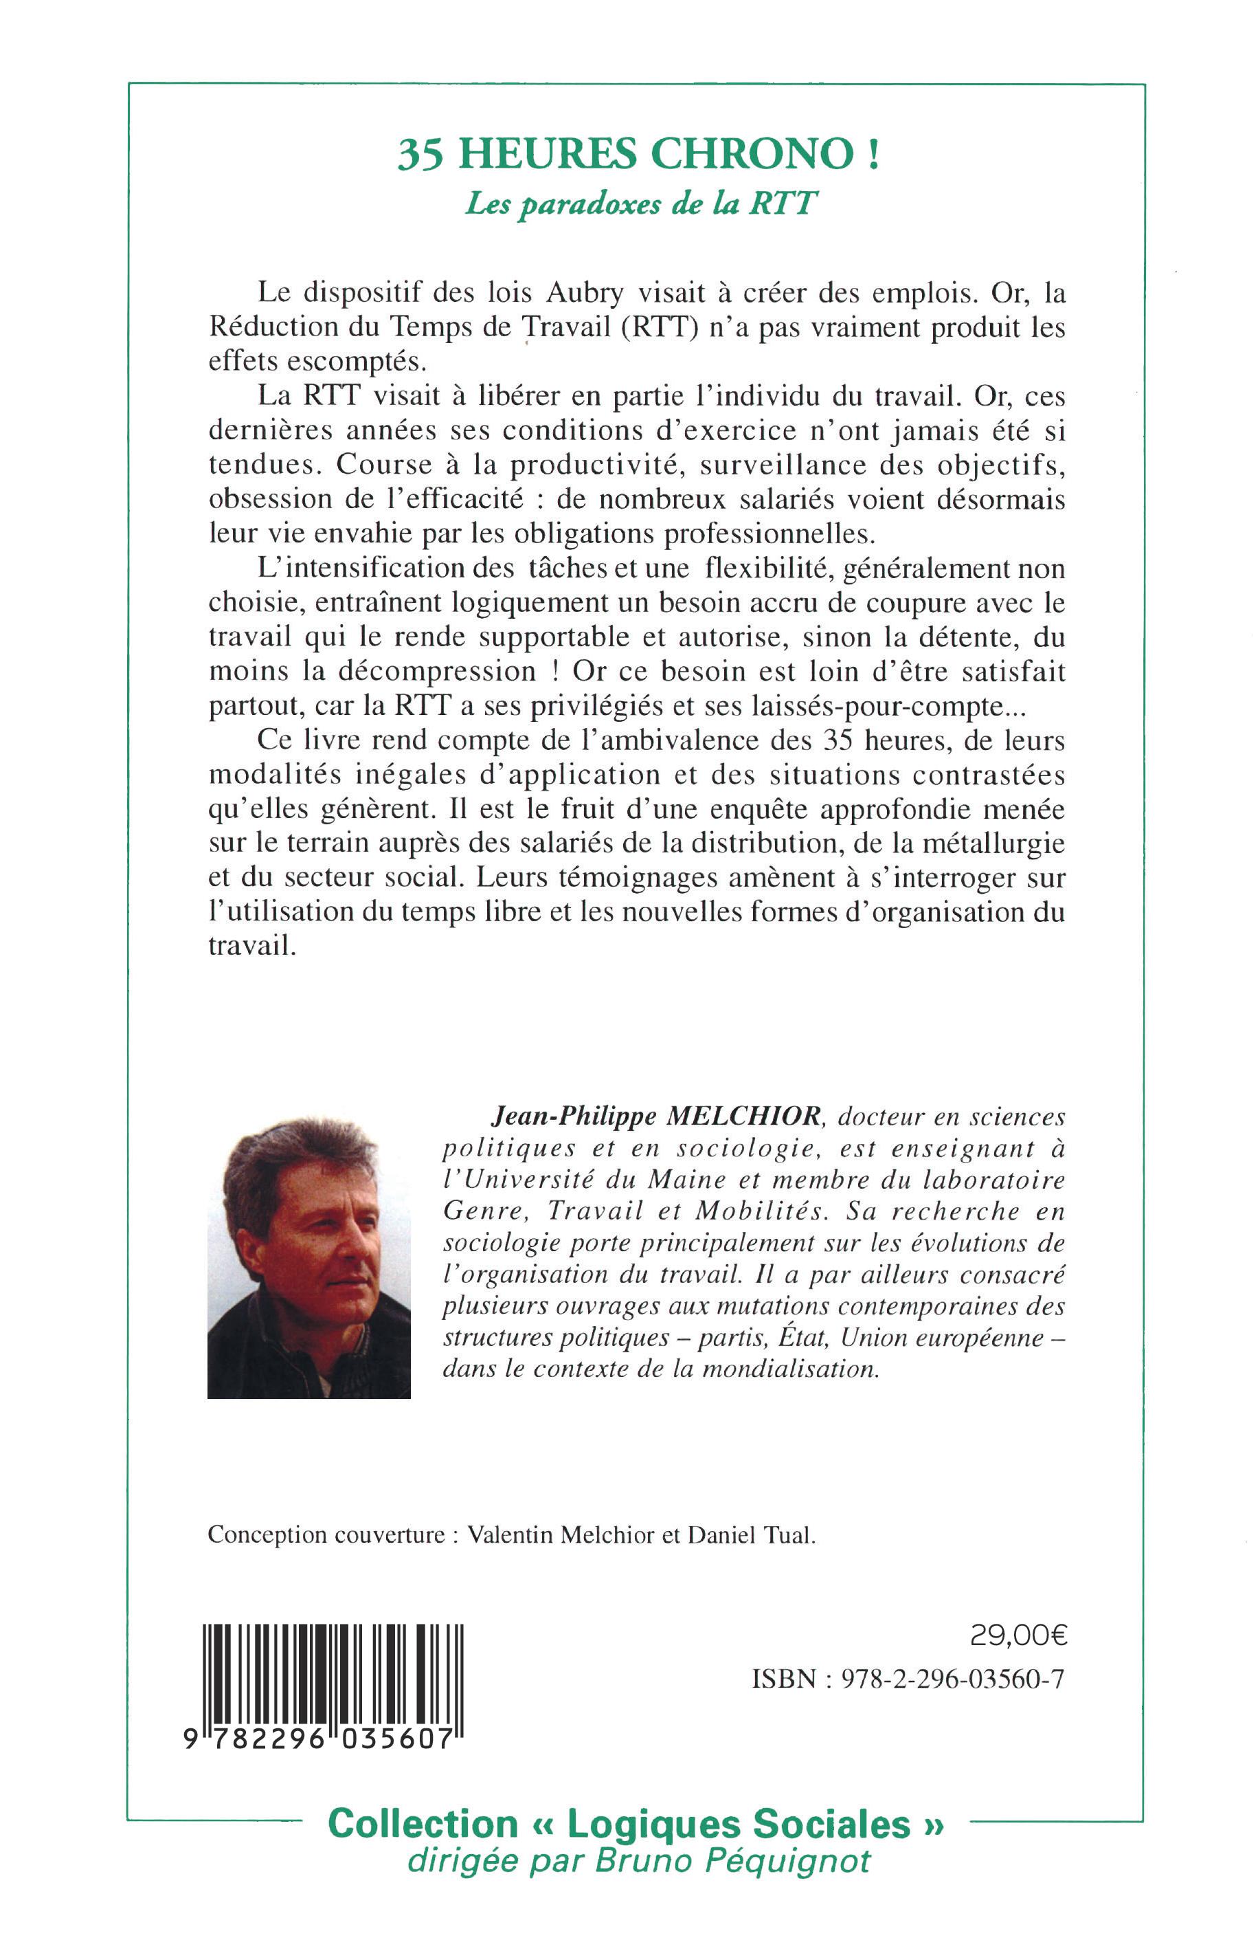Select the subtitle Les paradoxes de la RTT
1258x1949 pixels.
641,203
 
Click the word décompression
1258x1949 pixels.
420,672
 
